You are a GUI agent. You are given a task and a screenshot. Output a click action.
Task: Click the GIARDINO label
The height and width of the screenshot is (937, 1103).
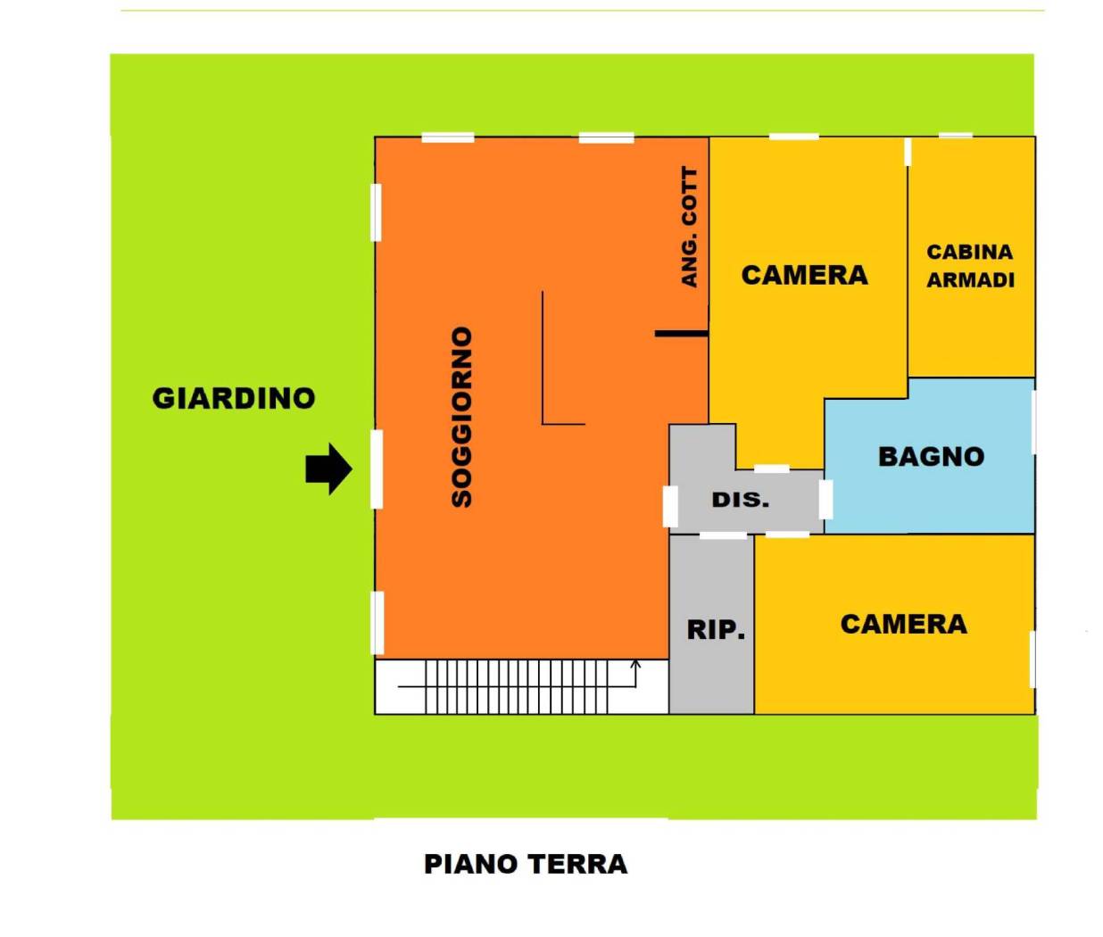click(x=234, y=399)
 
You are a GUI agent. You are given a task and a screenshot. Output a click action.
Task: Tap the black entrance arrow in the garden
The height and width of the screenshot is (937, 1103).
click(x=328, y=469)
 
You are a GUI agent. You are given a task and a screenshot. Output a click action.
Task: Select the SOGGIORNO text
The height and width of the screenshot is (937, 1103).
click(x=462, y=417)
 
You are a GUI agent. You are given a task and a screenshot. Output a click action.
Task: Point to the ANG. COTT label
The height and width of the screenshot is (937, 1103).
click(x=689, y=228)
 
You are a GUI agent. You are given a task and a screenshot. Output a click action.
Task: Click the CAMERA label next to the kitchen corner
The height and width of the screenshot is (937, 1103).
click(x=805, y=276)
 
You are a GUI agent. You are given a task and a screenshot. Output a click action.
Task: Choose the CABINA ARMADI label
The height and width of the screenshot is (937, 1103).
click(x=970, y=266)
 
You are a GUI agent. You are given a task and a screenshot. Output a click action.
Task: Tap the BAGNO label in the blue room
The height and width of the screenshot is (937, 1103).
click(x=931, y=457)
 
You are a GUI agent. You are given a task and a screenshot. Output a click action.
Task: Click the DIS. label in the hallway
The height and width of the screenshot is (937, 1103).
click(x=741, y=500)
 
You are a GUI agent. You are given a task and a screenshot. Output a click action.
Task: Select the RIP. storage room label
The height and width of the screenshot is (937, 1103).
click(x=716, y=630)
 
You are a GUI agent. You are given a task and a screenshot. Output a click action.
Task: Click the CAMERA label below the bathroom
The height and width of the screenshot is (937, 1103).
click(x=904, y=625)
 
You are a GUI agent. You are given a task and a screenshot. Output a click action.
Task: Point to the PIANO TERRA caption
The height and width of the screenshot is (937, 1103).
click(x=526, y=864)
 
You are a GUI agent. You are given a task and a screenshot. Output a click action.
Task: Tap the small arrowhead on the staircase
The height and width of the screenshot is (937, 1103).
click(x=635, y=664)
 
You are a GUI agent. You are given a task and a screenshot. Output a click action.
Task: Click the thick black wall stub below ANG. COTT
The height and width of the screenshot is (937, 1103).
click(x=682, y=334)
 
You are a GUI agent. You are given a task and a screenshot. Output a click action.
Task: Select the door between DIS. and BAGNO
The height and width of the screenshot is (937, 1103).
click(x=825, y=500)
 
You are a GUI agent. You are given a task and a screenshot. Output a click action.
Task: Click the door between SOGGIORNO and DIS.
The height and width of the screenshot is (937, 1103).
click(x=670, y=506)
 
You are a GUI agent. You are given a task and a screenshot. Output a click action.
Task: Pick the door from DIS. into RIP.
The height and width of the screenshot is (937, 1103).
click(x=723, y=535)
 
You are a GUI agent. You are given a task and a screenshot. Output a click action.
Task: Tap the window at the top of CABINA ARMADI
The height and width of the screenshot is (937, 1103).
click(x=955, y=136)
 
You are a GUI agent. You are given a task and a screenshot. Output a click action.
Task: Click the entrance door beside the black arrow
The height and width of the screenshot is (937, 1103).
click(x=377, y=469)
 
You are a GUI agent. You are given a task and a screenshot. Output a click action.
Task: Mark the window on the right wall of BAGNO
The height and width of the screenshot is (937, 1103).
click(x=1033, y=423)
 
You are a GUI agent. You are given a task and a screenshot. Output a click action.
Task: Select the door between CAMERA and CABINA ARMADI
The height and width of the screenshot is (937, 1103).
click(x=908, y=152)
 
